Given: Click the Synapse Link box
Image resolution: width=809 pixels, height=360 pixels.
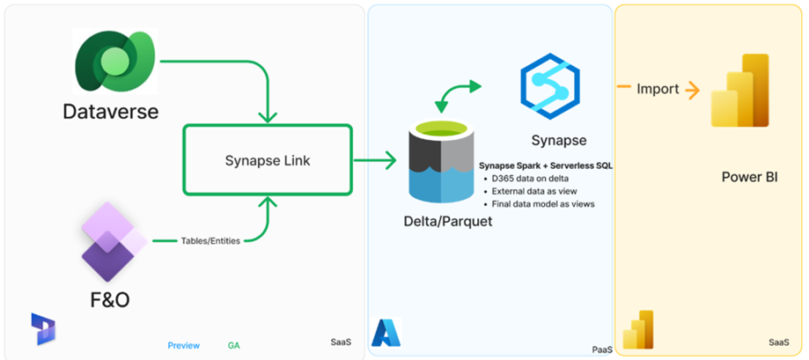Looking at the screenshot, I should coord(267,159).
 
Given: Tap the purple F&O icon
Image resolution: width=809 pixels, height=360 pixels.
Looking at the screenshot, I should coord(113,239).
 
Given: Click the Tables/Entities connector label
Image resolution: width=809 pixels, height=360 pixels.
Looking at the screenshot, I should coord(210,240).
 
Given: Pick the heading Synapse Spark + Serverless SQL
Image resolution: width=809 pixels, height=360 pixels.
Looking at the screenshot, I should coord(547,165).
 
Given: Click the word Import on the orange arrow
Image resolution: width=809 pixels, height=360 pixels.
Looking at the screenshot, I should coord(658,89).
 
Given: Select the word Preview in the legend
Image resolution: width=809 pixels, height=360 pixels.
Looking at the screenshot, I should coord(183,345).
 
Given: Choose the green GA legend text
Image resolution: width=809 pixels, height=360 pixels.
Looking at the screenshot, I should coord(233,345).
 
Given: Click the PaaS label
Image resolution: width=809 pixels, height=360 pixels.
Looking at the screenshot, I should coord(602,349).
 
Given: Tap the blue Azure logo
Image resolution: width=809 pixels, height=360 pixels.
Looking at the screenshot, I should coord(386,332).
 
